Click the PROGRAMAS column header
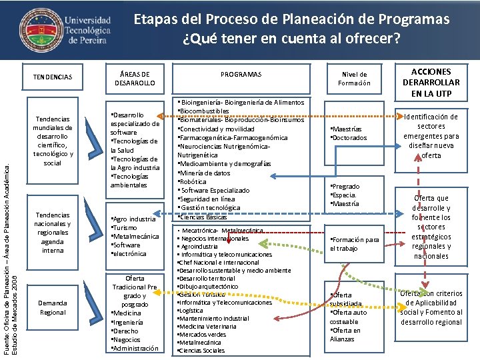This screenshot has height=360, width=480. pos(241,75)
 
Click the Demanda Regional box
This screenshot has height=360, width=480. pos(53,307)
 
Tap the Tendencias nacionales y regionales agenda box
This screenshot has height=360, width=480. pos(53,233)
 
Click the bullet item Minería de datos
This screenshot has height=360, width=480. pos(204,173)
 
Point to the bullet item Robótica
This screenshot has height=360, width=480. pos(194,181)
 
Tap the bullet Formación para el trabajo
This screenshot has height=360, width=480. pos(355,244)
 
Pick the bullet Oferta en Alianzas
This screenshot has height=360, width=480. pos(347,335)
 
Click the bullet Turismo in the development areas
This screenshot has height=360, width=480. pos(126,227)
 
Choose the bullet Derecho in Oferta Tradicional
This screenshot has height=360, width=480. pos(127,331)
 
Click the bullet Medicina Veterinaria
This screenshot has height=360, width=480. pos(207,326)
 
